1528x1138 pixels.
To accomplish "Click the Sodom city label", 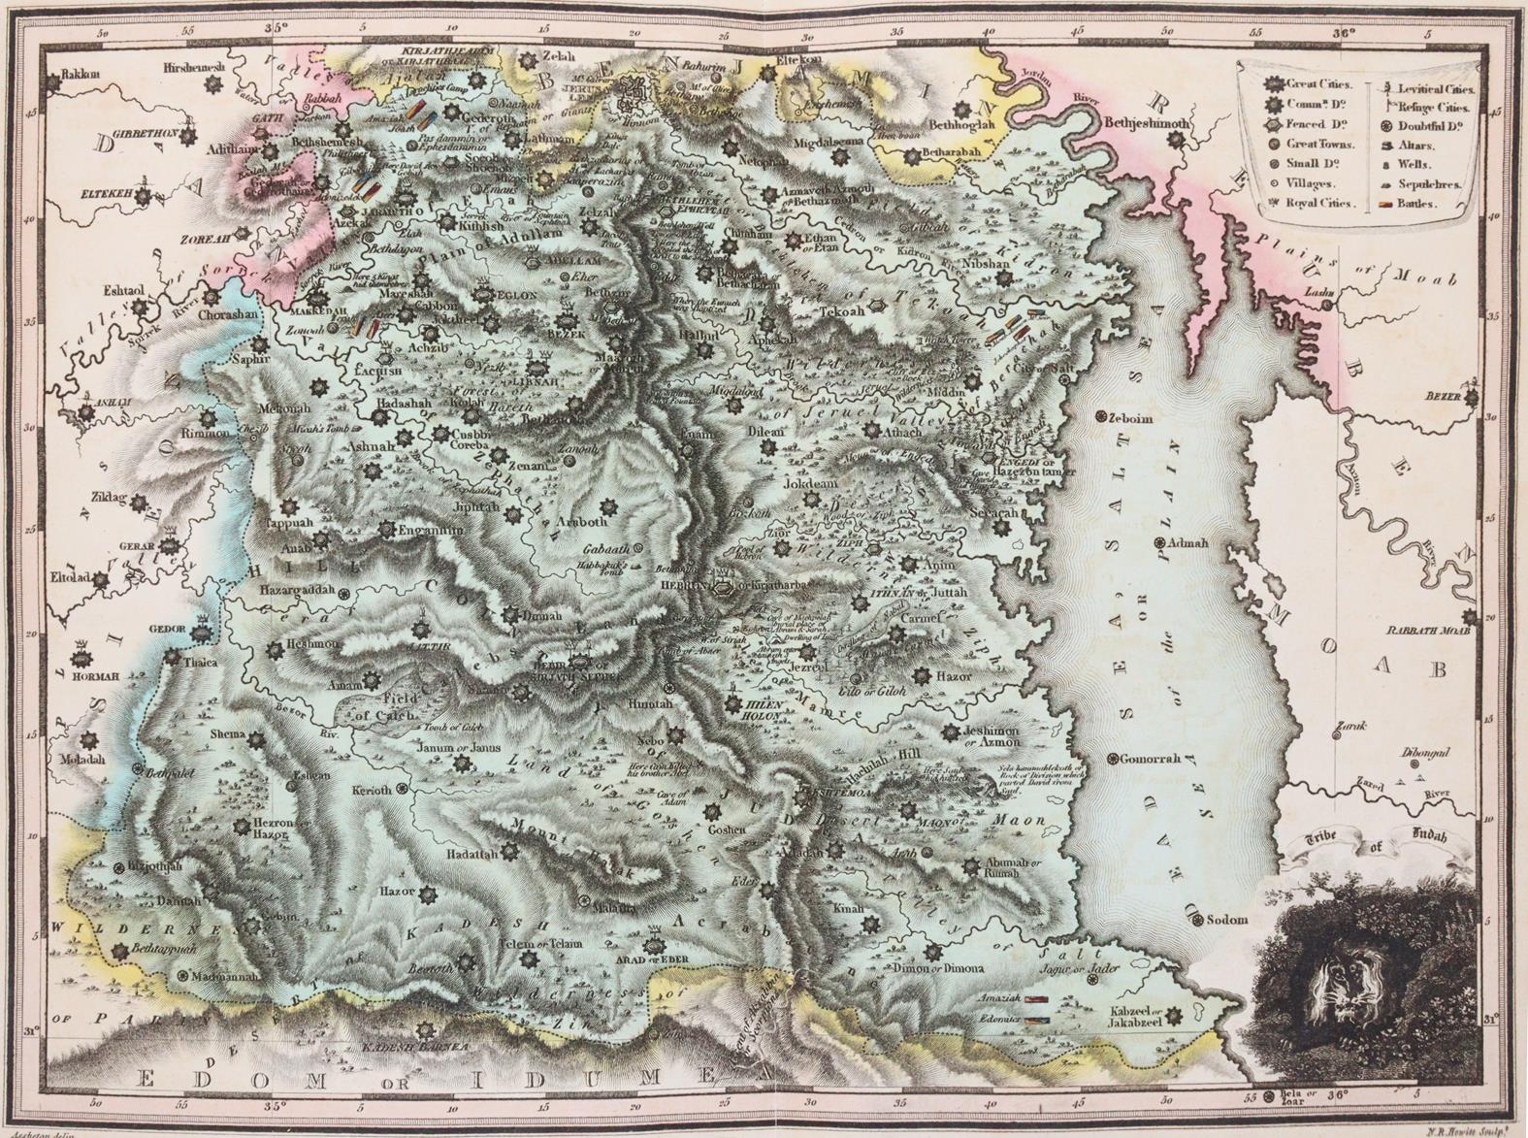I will coord(1227,920).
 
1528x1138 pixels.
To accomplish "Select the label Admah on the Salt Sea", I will coord(1188,543).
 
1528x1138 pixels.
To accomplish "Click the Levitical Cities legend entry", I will coord(1424,88).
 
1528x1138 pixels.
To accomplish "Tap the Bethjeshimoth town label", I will coord(1144,123).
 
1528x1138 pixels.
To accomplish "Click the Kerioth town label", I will coord(372,790).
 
